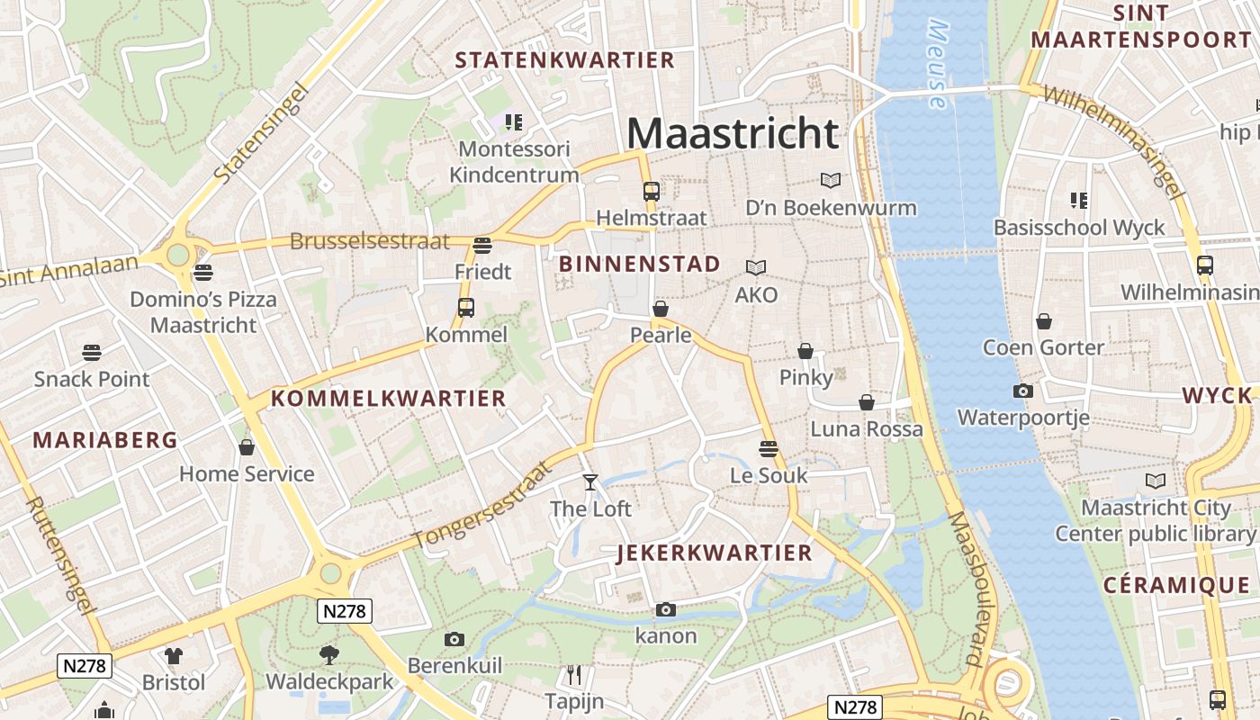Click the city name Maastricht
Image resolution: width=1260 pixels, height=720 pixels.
click(x=733, y=133)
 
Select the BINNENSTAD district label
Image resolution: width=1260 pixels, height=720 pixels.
click(x=640, y=264)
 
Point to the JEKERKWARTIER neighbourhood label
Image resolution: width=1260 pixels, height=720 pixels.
click(x=715, y=553)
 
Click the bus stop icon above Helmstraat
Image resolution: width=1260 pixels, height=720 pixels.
click(x=651, y=191)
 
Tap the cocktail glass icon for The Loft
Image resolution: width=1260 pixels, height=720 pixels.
click(x=589, y=482)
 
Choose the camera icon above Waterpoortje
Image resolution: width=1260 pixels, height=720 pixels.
click(x=1022, y=391)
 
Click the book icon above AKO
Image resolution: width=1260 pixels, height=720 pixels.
click(x=756, y=267)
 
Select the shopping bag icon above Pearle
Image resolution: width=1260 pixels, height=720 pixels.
click(x=661, y=309)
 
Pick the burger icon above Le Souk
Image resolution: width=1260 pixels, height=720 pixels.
click(x=768, y=448)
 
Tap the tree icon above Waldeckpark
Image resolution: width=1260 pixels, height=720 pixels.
click(x=329, y=654)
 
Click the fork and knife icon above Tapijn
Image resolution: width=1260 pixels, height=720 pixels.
click(x=573, y=674)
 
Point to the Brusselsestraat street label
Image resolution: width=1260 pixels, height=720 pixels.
click(x=369, y=241)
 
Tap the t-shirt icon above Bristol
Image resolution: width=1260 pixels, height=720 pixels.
click(x=173, y=656)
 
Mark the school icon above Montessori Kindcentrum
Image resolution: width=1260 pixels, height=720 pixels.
click(x=514, y=121)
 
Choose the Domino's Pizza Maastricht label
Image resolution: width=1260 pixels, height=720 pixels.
click(x=203, y=311)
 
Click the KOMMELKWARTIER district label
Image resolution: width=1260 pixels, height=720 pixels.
click(x=389, y=399)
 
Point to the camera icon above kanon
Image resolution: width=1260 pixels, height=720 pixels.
click(x=666, y=609)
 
